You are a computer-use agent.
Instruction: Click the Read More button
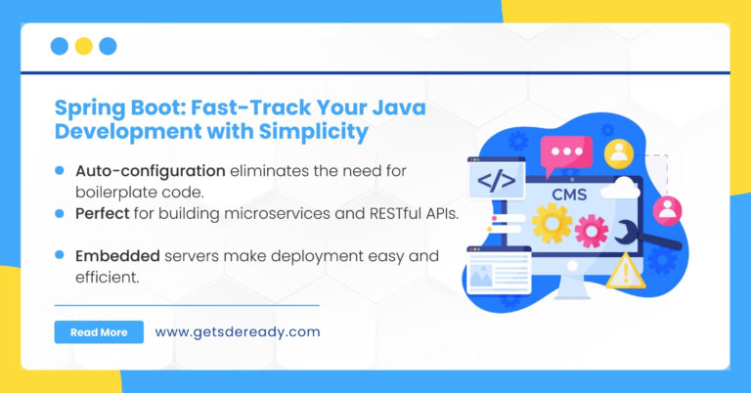[99, 332]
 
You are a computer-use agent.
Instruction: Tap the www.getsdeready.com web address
[237, 332]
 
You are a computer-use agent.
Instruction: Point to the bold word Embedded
[117, 255]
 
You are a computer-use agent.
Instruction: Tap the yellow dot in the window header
[84, 46]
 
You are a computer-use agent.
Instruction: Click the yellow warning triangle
[625, 270]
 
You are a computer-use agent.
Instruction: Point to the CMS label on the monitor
[568, 195]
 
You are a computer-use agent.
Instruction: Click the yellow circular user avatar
[618, 153]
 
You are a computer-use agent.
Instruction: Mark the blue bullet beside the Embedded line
[60, 255]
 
